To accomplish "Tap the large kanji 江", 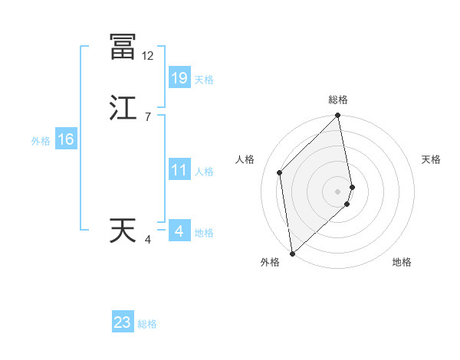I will pos(122,108).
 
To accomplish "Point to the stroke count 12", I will pos(147,56).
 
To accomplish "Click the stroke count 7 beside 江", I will pos(147,117).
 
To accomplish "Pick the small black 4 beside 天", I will pos(147,241).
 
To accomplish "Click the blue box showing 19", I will pos(179,77).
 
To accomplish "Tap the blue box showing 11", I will pos(179,170).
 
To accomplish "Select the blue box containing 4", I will pos(179,231).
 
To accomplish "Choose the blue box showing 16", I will pos(66,139).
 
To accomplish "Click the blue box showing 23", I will pos(123,322).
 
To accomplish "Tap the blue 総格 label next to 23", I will pos(148,324).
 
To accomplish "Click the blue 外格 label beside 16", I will pos(41,141).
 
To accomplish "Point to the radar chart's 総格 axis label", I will pos(338,100).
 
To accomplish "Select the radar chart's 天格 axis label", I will pos(431,159).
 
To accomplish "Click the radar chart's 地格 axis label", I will pos(402,263).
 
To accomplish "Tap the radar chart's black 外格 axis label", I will pos(270,263).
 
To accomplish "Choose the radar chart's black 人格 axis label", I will pos(245,159).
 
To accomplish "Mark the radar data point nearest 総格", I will pos(338,116).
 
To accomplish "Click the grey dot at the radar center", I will pos(338,191).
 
